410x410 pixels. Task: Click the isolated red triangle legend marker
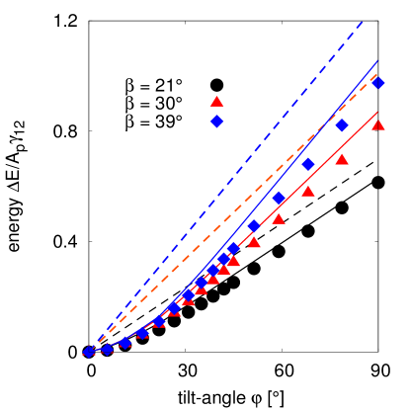point(216,102)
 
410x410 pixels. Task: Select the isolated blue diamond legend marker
point(216,121)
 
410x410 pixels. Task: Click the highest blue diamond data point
point(377,83)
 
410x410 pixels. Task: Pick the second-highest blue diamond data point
point(342,125)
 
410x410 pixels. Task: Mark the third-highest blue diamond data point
point(307,164)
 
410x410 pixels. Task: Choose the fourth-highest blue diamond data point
point(279,198)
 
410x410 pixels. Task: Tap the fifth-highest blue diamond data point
point(254,226)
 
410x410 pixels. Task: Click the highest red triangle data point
point(377,124)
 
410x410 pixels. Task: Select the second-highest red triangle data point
point(342,160)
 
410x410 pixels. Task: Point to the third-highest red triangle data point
point(308,192)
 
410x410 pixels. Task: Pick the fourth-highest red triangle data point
point(279,219)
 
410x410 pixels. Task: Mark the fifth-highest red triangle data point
point(254,242)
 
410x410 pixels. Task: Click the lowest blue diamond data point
point(89,351)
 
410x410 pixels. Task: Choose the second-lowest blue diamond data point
point(108,349)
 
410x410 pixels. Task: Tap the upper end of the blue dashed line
point(363,20)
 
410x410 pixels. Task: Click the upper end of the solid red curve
point(378,112)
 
